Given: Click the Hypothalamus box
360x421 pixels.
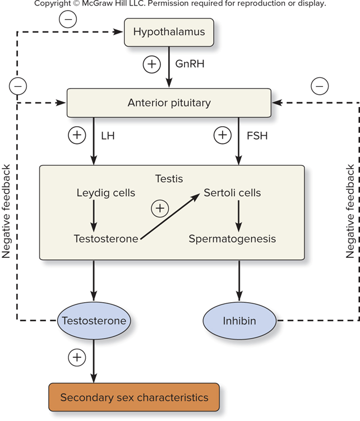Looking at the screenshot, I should (168, 31).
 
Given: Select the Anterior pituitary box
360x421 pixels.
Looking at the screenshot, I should (169, 103).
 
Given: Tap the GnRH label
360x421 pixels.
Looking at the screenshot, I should (189, 64).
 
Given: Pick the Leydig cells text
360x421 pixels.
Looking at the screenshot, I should (106, 193).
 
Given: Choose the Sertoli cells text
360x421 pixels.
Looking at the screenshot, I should (232, 193).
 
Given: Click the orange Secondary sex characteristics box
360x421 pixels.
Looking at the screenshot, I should (134, 397).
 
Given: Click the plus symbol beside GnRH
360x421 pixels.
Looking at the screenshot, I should (151, 64).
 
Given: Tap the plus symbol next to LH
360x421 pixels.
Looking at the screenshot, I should (76, 135).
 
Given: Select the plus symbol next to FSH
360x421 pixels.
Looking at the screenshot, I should (223, 135).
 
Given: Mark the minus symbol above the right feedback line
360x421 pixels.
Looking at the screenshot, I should (320, 86).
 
